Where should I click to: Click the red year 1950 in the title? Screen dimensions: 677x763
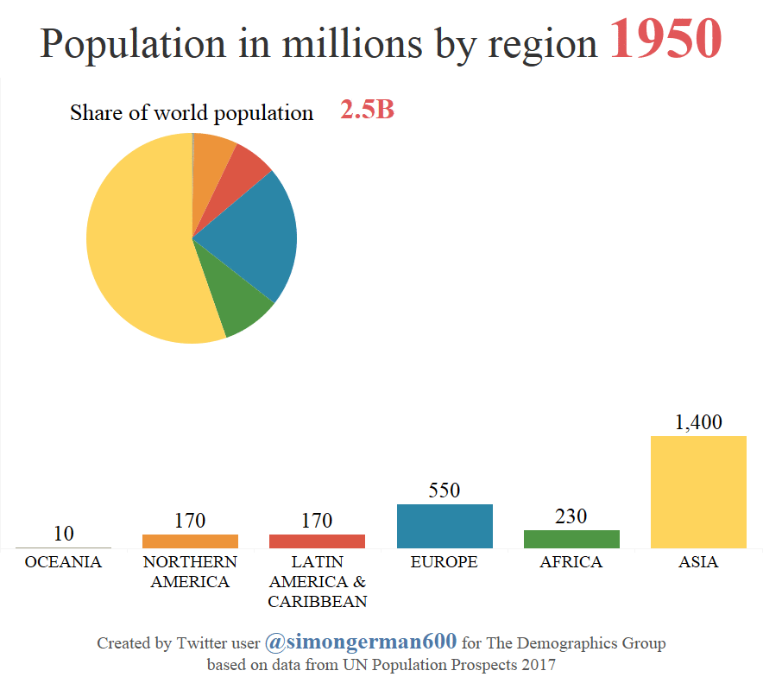[665, 41]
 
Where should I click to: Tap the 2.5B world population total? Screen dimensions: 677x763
[367, 111]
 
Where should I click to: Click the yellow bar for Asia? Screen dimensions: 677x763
[697, 491]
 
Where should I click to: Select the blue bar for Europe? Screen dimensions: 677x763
[445, 526]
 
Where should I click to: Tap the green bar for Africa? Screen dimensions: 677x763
[571, 539]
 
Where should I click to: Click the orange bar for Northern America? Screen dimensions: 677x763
[190, 541]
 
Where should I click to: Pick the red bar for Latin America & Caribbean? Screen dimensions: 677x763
[317, 541]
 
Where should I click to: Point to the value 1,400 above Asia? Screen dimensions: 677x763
[697, 422]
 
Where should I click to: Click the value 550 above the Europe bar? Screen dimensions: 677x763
[445, 490]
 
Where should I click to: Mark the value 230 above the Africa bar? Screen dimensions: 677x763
[571, 516]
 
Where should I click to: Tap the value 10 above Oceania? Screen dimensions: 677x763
[63, 534]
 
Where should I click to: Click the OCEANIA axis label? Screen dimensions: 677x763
[63, 562]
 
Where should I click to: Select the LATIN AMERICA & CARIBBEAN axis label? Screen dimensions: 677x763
[317, 581]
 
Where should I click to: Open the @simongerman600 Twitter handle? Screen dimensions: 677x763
[361, 642]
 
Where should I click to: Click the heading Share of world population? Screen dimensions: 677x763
[192, 113]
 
